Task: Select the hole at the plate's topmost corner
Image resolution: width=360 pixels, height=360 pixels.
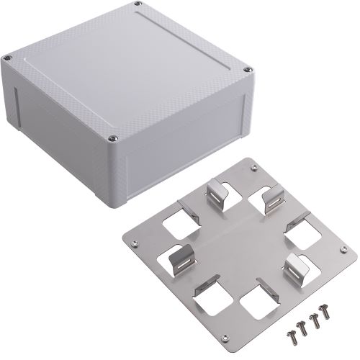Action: point(253,168)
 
